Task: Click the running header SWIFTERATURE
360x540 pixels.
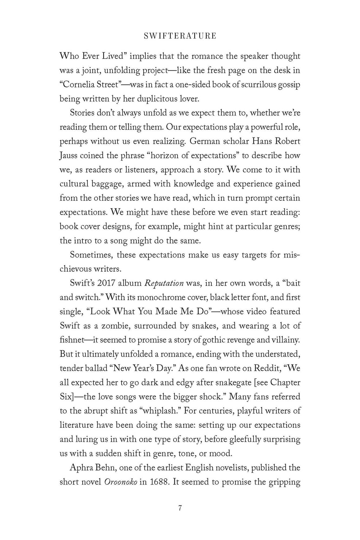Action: click(180, 36)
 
